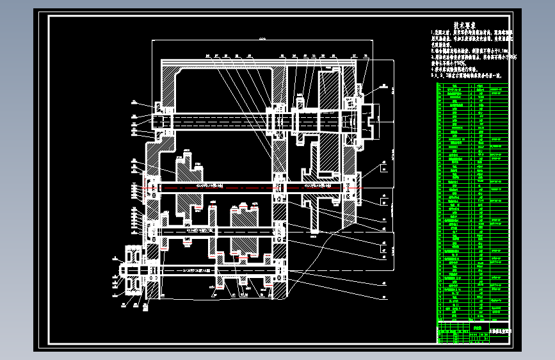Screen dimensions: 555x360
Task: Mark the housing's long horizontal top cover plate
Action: point(256,62)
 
